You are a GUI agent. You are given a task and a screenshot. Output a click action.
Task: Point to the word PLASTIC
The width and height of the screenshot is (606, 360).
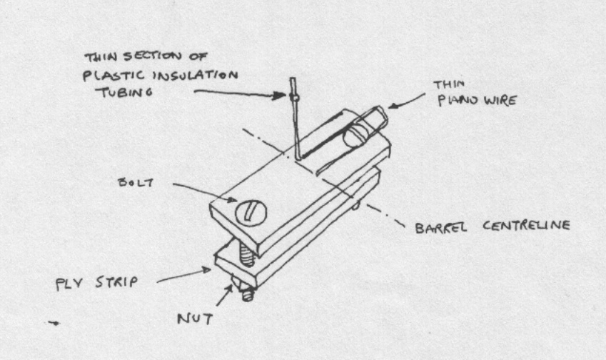coord(113,74)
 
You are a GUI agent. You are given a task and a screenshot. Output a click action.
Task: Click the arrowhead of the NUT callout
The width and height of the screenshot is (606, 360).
coord(232,286)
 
